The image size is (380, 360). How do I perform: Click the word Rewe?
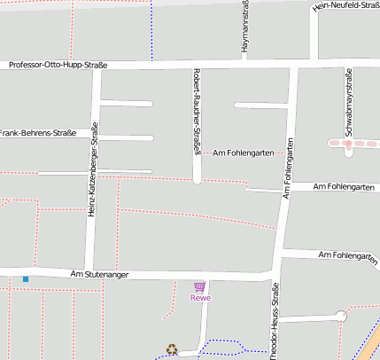[200, 298]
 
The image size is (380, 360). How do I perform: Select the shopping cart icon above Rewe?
[199, 286]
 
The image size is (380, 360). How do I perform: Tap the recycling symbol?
[172, 349]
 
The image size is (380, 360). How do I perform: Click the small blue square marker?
[26, 279]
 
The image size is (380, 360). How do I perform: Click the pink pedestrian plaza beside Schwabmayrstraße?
[348, 143]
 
